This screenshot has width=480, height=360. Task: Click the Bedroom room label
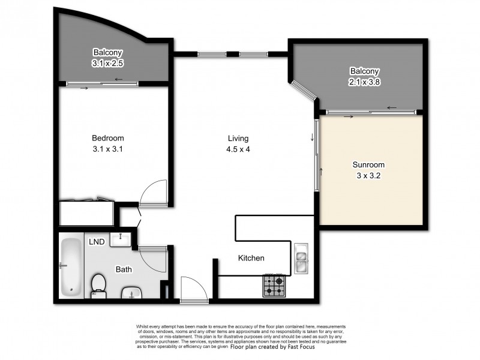pos(109,138)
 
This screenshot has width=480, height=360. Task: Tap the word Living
pos(238,138)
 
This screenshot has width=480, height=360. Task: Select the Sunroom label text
pos(368,164)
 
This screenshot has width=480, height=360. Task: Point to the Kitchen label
pos(251,258)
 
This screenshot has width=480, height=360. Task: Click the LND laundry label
pos(97,242)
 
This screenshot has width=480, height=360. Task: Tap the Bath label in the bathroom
pos(124,269)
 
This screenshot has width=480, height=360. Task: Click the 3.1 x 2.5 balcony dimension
pos(108,62)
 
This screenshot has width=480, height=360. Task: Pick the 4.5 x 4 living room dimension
pos(238,149)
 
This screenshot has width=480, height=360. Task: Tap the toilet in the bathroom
pos(98,285)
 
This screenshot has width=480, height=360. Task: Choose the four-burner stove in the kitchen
pos(274,286)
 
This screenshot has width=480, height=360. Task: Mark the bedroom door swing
pos(151,192)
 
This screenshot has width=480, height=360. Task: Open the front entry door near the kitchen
pos(193,289)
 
